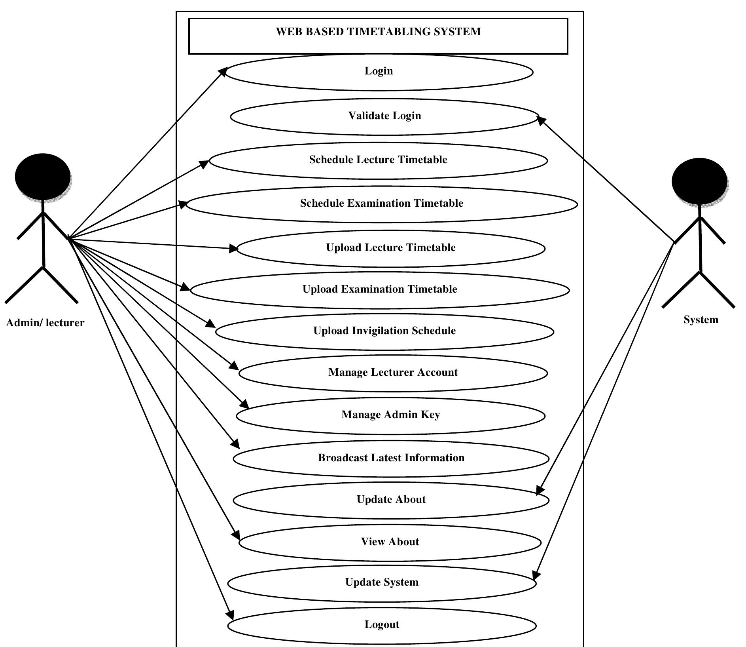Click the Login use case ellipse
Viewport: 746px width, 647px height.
click(379, 72)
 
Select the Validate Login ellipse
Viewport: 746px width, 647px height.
click(384, 117)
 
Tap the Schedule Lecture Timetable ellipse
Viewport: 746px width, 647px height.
click(378, 160)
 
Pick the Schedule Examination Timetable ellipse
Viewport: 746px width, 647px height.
click(381, 204)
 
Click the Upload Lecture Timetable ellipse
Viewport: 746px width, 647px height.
click(390, 248)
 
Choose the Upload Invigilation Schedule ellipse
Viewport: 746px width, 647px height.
click(384, 331)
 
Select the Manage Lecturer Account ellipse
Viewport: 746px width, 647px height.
click(393, 373)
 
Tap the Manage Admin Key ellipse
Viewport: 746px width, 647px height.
click(390, 415)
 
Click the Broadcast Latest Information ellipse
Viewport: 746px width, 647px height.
click(391, 459)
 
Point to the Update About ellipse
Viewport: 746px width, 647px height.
click(391, 500)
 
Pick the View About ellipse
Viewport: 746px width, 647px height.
click(390, 542)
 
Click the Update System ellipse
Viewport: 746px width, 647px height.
click(382, 583)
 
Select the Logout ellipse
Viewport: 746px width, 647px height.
click(382, 625)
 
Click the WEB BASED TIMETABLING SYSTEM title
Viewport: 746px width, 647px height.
click(378, 32)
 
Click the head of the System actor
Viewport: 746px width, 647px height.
click(699, 181)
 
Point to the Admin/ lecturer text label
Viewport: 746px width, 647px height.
click(45, 323)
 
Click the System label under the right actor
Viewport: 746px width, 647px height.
click(701, 320)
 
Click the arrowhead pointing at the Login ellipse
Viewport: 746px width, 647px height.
click(223, 71)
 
